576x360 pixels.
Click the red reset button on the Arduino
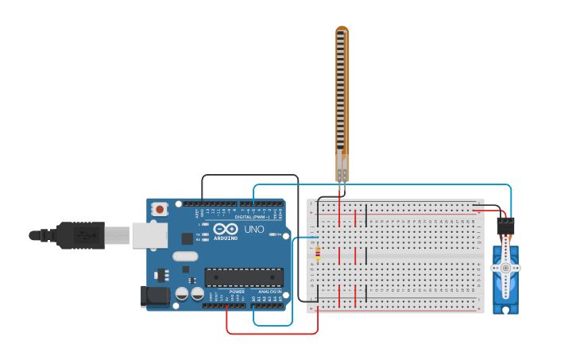pos(160,210)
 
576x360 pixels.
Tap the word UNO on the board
pos(254,229)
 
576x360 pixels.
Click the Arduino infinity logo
pos(226,228)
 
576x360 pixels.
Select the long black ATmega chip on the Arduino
pos(244,277)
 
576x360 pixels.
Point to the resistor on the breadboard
pos(318,254)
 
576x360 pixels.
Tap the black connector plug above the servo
pos(505,226)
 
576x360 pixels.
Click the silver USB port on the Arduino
pos(149,235)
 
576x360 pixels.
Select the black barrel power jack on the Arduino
pos(154,296)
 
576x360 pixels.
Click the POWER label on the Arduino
pos(237,292)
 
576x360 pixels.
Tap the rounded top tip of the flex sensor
pos(342,29)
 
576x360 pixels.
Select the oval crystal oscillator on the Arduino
pos(184,256)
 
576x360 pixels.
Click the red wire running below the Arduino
pos(270,333)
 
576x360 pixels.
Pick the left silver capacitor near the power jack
pos(182,293)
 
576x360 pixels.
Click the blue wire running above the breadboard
pos(381,184)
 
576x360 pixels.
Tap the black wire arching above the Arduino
pos(250,175)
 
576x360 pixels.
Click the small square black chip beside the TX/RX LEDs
pos(187,238)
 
